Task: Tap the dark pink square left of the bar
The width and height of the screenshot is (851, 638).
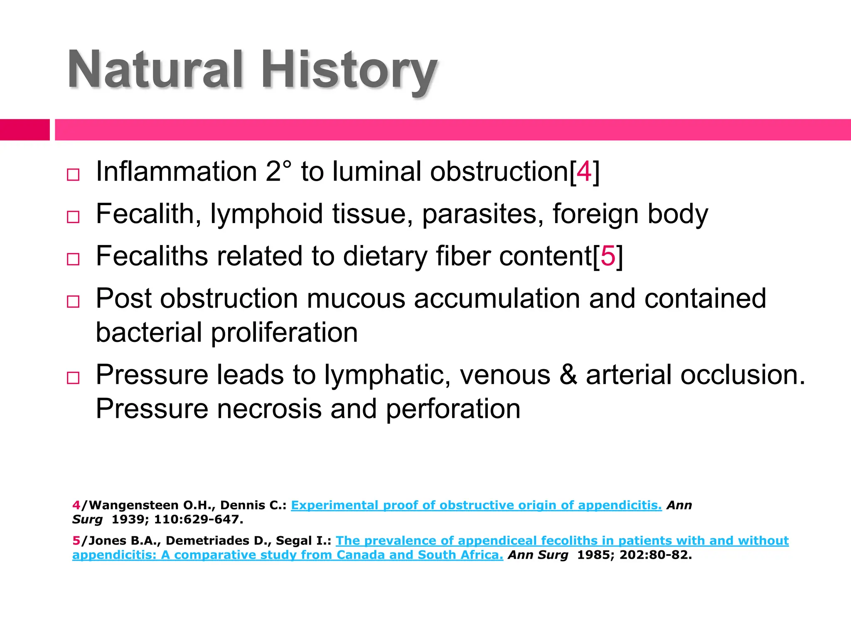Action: (x=25, y=130)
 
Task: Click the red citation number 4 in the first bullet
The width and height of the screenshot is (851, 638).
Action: (x=584, y=172)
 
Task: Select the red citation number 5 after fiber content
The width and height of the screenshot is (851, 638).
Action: (x=608, y=256)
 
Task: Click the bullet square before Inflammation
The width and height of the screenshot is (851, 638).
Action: (x=73, y=174)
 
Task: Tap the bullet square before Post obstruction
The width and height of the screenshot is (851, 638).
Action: (x=73, y=301)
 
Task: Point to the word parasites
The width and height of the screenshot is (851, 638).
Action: (x=482, y=214)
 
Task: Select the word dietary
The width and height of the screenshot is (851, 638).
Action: (x=385, y=256)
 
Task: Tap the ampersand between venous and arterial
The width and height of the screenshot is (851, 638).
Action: (x=568, y=375)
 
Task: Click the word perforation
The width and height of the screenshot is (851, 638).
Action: (x=453, y=409)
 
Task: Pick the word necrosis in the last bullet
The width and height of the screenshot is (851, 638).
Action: (x=269, y=409)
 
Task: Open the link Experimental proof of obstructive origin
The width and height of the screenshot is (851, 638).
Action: (x=476, y=505)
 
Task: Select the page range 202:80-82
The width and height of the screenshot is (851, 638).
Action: (x=655, y=555)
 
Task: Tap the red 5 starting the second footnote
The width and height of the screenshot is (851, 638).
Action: (x=76, y=540)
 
